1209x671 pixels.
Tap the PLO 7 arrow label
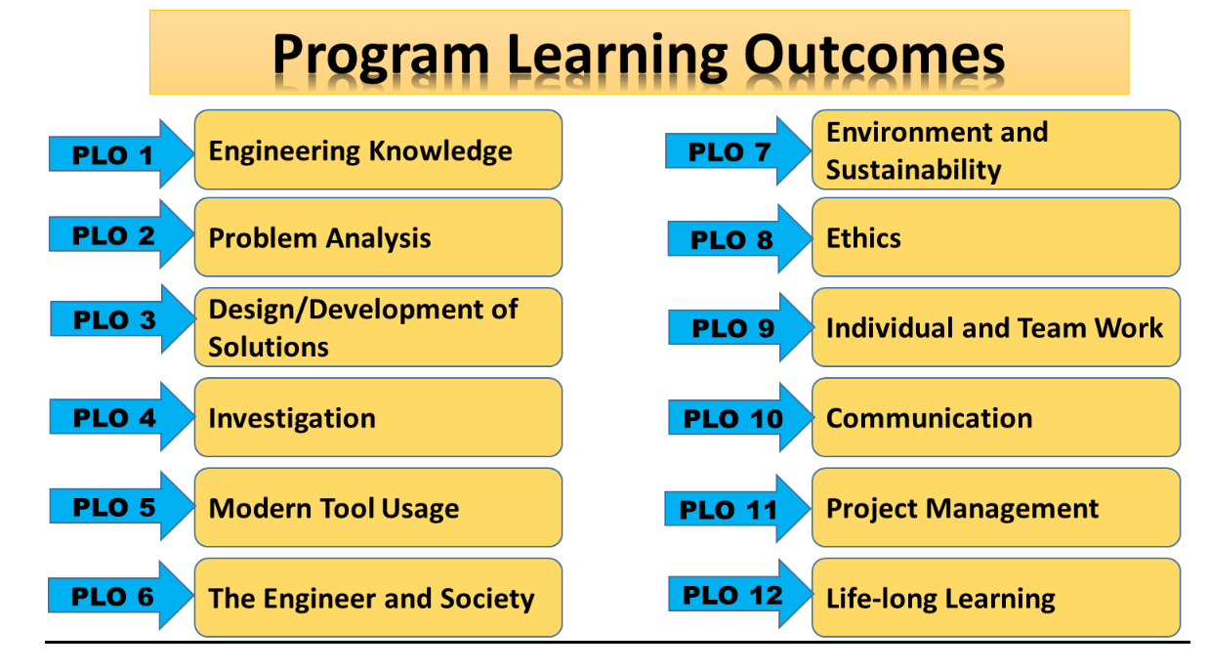click(730, 151)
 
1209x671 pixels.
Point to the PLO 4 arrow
click(122, 417)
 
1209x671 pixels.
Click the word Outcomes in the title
click(874, 55)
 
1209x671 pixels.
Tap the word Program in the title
click(381, 57)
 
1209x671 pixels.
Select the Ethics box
click(996, 237)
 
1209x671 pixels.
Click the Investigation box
click(378, 417)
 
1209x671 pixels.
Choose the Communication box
click(996, 417)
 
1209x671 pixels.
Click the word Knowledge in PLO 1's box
click(440, 151)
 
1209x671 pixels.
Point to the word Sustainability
click(913, 170)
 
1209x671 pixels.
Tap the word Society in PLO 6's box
click(487, 599)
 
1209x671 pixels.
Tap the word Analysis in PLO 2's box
click(378, 238)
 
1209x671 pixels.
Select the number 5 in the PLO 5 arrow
click(147, 508)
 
